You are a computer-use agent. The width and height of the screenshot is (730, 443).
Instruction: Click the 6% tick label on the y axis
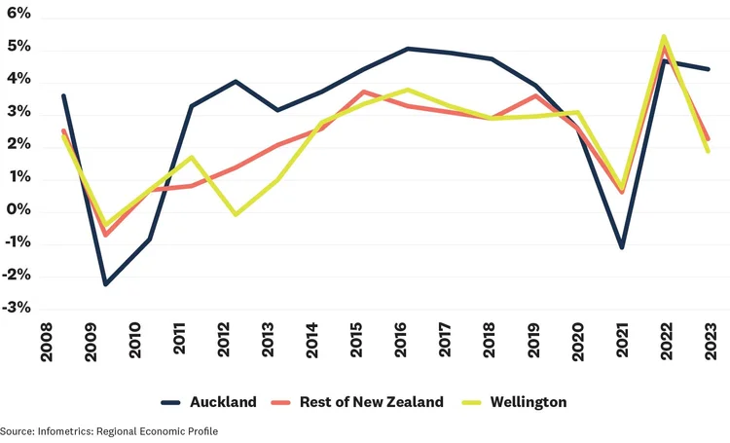pos(18,16)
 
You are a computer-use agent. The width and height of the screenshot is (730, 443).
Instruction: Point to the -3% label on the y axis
pos(16,308)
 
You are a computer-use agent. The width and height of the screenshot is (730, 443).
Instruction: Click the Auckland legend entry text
pos(224,401)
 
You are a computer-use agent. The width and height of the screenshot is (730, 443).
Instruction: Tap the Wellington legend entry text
pos(529,401)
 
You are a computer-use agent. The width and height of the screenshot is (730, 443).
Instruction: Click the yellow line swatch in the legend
pos(474,401)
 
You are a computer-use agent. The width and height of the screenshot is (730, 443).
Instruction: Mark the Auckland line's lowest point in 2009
pos(105,284)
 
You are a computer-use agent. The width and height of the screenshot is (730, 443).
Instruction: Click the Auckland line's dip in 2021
pos(622,247)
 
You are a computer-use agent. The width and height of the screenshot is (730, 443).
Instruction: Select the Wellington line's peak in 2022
pos(663,37)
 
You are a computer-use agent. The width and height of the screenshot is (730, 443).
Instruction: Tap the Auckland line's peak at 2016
pos(408,48)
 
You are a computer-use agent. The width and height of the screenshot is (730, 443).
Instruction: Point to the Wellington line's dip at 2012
pos(236,214)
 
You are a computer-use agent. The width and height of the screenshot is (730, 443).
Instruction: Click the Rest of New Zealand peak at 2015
pos(363,92)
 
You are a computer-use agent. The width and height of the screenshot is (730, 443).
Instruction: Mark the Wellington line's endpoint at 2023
pos(708,151)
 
